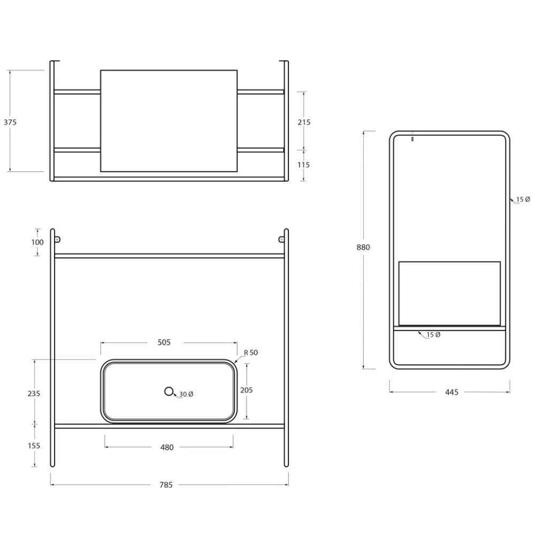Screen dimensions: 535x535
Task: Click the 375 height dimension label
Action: pyautogui.click(x=10, y=122)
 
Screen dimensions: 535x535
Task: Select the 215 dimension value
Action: pyautogui.click(x=304, y=122)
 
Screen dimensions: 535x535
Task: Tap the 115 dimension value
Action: pyautogui.click(x=304, y=165)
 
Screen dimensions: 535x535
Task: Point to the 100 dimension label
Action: pyautogui.click(x=37, y=242)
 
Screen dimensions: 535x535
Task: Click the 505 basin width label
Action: pyautogui.click(x=164, y=342)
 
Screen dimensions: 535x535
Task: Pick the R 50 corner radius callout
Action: pyautogui.click(x=251, y=353)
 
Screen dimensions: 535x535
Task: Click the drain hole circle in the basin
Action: pyautogui.click(x=169, y=392)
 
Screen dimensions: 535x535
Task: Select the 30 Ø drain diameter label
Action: pyautogui.click(x=186, y=394)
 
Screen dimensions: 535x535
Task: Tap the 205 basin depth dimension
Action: pyautogui.click(x=246, y=390)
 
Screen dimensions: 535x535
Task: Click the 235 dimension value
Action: pyautogui.click(x=34, y=393)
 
